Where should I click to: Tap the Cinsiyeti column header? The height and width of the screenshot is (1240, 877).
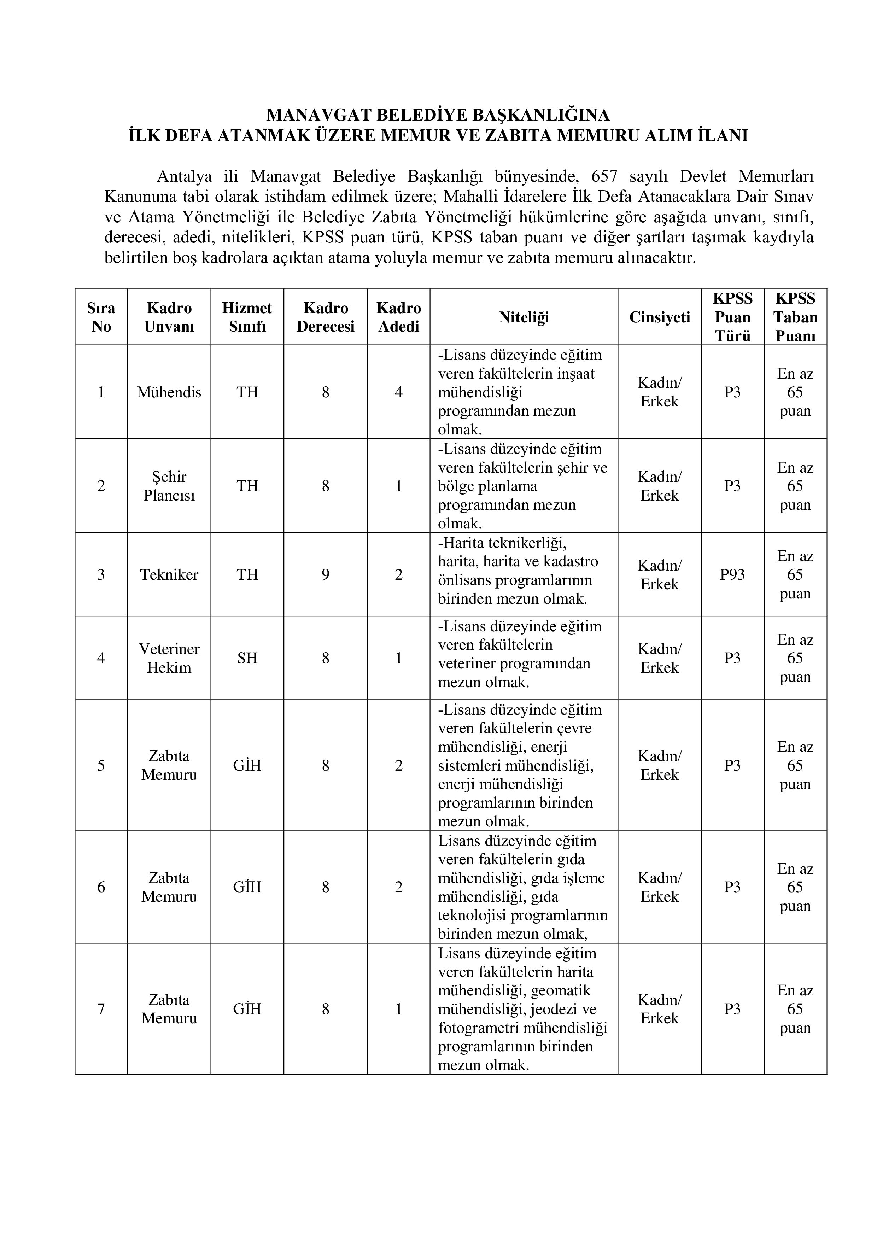659,317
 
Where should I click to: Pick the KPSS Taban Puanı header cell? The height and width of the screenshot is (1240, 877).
795,317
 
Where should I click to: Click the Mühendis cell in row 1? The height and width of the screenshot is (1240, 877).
169,392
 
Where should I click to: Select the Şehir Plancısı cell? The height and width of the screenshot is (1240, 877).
169,486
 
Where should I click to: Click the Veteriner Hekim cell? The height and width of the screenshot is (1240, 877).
169,658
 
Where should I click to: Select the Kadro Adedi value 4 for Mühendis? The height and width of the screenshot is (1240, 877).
398,392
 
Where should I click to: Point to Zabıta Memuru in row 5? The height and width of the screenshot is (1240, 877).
169,765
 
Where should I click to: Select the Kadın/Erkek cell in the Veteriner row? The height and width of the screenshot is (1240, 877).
659,658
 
